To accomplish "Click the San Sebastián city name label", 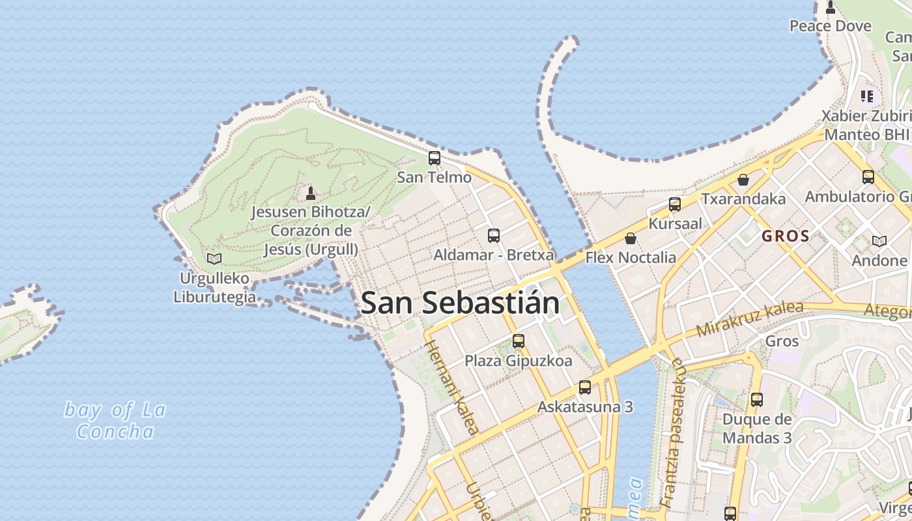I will point(460,303).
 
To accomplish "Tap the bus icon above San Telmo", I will point(435,158).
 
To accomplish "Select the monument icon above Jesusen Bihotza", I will point(311,193).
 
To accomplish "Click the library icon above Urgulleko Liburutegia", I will point(214,259).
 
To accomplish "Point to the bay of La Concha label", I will point(115,421).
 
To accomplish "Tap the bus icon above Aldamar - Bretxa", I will point(494,236).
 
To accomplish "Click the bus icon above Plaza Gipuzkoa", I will point(519,341).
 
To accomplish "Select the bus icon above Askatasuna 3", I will point(585,387).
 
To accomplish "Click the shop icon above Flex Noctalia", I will point(630,238).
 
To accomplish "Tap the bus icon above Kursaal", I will point(675,204).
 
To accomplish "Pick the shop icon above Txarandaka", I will point(743,180).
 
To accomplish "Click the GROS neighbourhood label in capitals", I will point(786,236).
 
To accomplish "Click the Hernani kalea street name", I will point(452,386).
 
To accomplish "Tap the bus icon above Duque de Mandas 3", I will point(756,400).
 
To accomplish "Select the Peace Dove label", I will point(831,26).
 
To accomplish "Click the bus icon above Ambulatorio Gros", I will point(868,177).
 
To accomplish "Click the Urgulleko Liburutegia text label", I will point(214,288).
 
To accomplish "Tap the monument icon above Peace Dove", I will point(831,7).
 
